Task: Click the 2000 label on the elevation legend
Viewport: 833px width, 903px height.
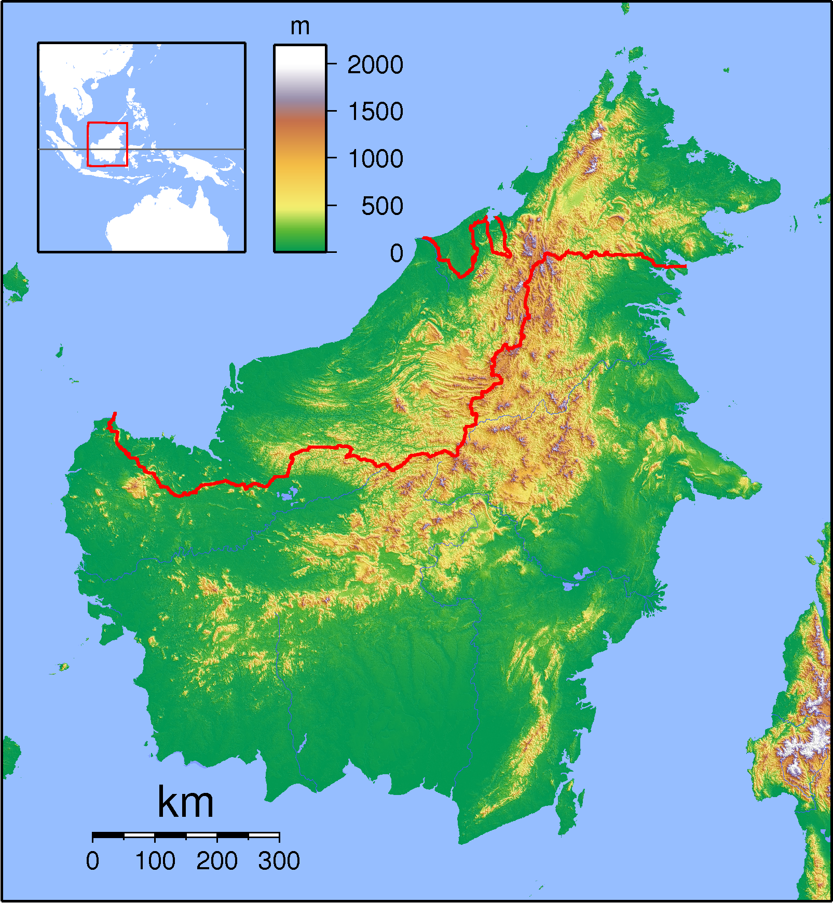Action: tap(375, 65)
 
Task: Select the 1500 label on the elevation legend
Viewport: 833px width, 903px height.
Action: tap(375, 112)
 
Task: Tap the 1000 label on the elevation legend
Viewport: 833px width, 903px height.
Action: tap(375, 159)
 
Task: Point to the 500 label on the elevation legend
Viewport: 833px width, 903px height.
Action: tap(382, 206)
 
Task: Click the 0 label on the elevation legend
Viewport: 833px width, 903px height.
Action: tap(397, 253)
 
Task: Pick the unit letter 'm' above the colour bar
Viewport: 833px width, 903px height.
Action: tap(300, 26)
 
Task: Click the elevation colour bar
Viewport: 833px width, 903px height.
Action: tap(300, 148)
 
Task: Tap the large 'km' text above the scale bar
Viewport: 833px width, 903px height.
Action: tap(185, 802)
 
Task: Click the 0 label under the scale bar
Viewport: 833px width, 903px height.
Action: tap(92, 861)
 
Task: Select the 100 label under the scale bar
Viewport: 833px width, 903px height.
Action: tap(155, 861)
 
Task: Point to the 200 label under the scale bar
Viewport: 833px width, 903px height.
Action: tap(217, 861)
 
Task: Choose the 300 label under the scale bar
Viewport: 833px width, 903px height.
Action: tap(279, 861)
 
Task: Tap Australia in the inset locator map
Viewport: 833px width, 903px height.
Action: tap(166, 223)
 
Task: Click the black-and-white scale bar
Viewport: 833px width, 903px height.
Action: tap(186, 835)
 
